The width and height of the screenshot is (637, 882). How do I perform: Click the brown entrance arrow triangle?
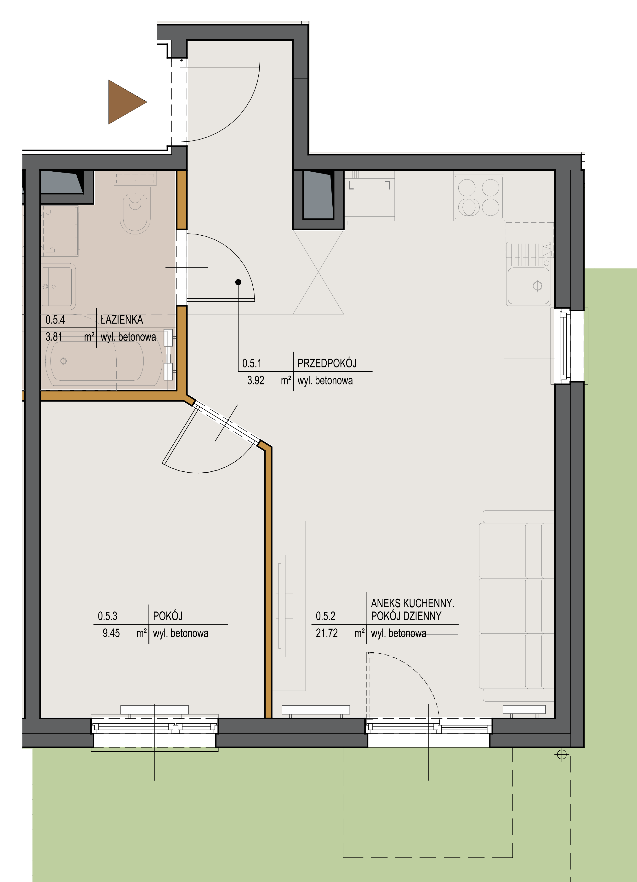click(x=124, y=102)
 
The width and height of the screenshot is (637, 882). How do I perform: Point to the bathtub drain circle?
click(x=63, y=361)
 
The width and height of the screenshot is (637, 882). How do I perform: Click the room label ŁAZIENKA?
click(x=122, y=320)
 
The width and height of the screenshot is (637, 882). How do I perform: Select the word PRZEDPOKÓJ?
click(x=327, y=363)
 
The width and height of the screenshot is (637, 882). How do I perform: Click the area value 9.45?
click(x=111, y=633)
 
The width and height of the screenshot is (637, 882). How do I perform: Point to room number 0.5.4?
click(x=55, y=320)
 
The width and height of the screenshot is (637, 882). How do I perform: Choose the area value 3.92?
click(x=256, y=380)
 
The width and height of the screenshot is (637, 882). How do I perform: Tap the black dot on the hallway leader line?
click(x=238, y=282)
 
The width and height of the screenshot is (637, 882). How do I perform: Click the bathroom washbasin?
click(x=58, y=286)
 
